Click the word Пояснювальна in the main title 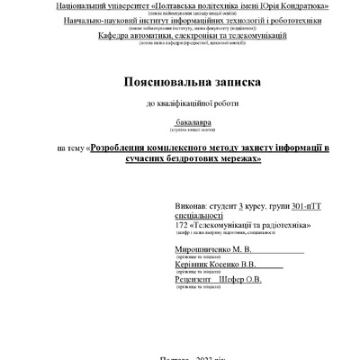[164, 81]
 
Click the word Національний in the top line [85, 5]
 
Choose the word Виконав [192, 206]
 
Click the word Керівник [193, 265]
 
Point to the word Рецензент [195, 280]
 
